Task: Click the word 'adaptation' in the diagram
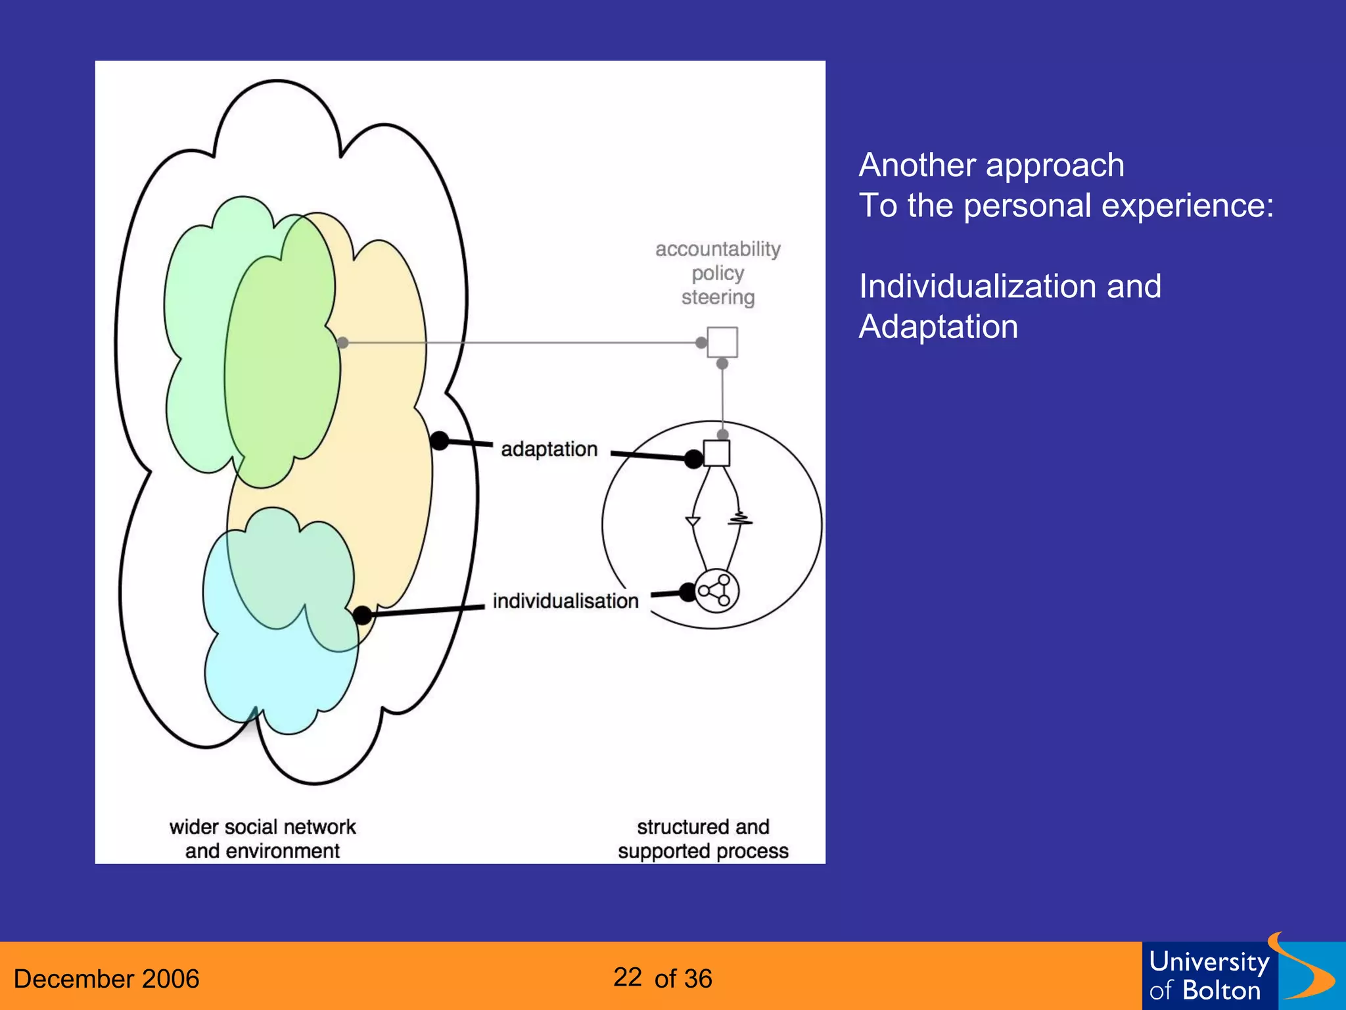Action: (549, 449)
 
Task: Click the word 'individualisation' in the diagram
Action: (565, 601)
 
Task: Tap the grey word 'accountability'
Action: (718, 249)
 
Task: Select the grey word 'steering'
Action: (718, 297)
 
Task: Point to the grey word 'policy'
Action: (718, 273)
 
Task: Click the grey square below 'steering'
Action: (722, 342)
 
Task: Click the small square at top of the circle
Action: (716, 453)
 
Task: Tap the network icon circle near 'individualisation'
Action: (716, 590)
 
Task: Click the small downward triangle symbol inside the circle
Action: (693, 521)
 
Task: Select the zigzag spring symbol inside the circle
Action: (740, 519)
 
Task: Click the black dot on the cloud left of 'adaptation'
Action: (440, 441)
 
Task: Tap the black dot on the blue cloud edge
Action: (362, 615)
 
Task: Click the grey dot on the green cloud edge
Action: (342, 343)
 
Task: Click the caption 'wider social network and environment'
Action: (262, 838)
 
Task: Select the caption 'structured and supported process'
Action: (703, 838)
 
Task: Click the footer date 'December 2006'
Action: (106, 978)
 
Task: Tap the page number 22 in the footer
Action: (628, 977)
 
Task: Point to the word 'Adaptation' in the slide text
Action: (938, 327)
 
